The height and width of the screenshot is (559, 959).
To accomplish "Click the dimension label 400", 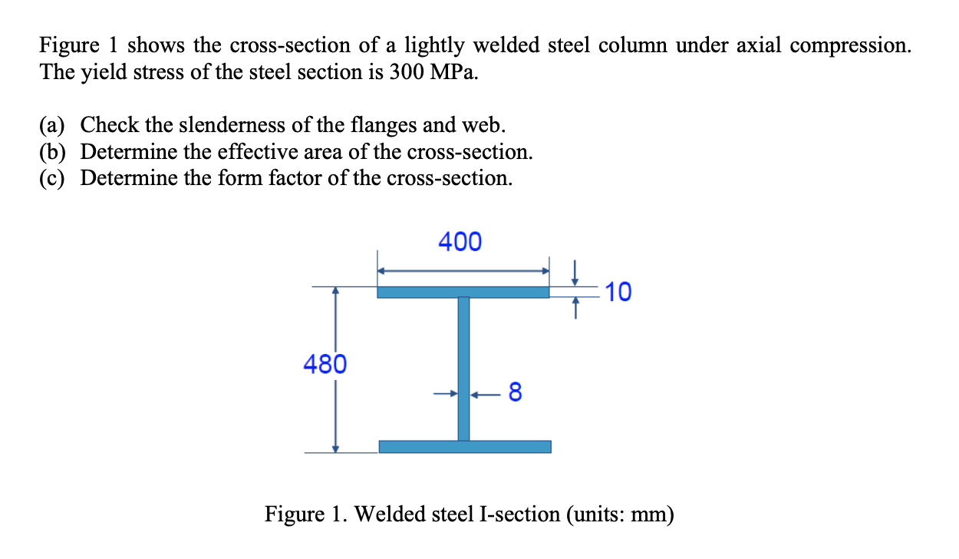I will (x=460, y=242).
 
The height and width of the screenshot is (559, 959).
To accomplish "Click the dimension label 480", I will (x=325, y=363).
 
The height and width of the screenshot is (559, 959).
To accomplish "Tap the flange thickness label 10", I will (x=618, y=292).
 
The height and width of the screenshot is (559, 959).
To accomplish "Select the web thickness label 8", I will (x=515, y=394).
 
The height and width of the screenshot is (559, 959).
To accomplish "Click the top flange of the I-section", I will (x=463, y=292).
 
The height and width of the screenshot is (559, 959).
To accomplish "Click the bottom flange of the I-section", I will (x=465, y=446).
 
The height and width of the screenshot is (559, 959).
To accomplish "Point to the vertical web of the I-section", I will (x=463, y=369).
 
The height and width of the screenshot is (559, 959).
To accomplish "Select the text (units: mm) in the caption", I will (x=620, y=514).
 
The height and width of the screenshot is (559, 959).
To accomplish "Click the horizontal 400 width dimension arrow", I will (x=463, y=270).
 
